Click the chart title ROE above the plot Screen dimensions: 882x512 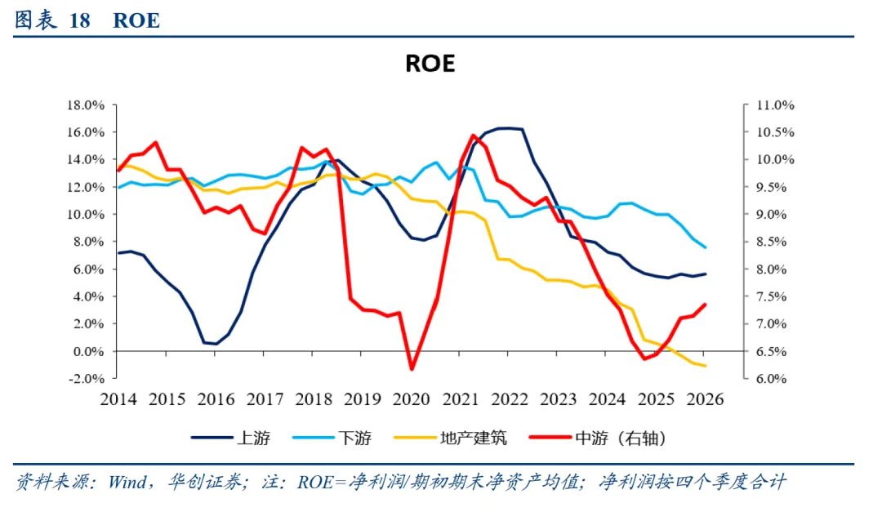[x=430, y=63]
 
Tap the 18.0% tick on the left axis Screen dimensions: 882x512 [x=86, y=105]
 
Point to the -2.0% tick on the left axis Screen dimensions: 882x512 [x=86, y=379]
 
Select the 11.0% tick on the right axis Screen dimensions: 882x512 [x=775, y=105]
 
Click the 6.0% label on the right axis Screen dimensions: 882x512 [x=771, y=379]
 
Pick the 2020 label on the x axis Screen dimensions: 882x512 [x=411, y=399]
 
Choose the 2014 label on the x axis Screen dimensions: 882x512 [x=118, y=399]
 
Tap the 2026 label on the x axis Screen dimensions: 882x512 [x=705, y=399]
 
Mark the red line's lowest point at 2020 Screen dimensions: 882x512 [x=412, y=369]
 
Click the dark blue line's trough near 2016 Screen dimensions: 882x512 [x=216, y=343]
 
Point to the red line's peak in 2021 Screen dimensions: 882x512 [x=473, y=135]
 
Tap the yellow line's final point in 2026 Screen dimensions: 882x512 [x=705, y=366]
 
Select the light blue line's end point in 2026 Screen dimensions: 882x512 [x=705, y=247]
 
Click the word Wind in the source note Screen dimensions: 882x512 [x=127, y=482]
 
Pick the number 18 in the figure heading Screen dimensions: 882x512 [x=79, y=20]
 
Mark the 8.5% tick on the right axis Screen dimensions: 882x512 [x=771, y=242]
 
